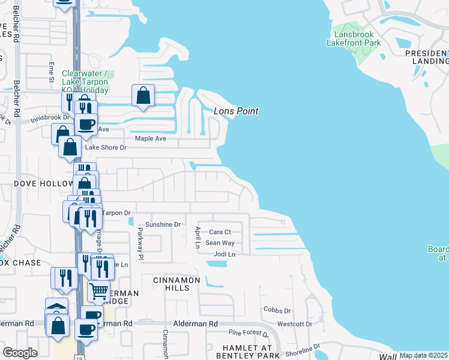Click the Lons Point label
point(236,111)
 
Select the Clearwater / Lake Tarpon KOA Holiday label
point(85,82)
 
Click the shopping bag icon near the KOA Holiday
point(143,95)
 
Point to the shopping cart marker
point(99,292)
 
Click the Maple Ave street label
point(150,139)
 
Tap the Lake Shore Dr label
point(106,147)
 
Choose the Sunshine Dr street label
point(165,224)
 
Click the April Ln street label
point(197,237)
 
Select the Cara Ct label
point(220,232)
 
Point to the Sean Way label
point(220,243)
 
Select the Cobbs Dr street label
point(277,310)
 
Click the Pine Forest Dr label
point(249,332)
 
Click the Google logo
point(20,353)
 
